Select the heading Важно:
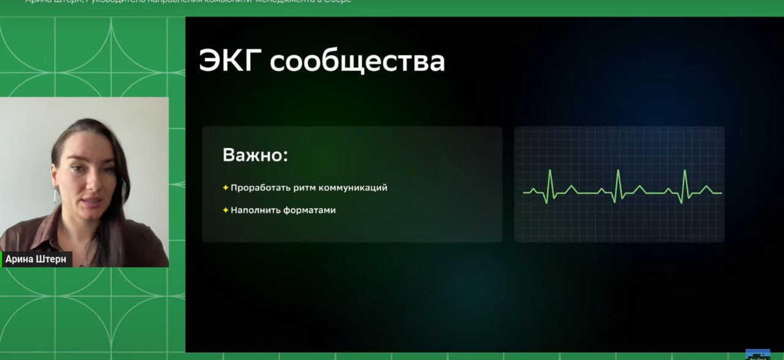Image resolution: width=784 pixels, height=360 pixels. pyautogui.click(x=255, y=155)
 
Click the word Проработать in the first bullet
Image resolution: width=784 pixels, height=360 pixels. pyautogui.click(x=258, y=188)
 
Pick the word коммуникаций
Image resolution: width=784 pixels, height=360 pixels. pyautogui.click(x=353, y=188)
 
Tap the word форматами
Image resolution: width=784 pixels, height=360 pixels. pyautogui.click(x=309, y=210)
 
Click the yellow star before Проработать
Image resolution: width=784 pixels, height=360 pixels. pyautogui.click(x=225, y=187)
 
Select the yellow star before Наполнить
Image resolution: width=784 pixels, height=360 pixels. pyautogui.click(x=225, y=210)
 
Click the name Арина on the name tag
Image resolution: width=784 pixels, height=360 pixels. pyautogui.click(x=19, y=259)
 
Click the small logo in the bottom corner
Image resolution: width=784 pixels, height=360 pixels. pyautogui.click(x=757, y=354)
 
